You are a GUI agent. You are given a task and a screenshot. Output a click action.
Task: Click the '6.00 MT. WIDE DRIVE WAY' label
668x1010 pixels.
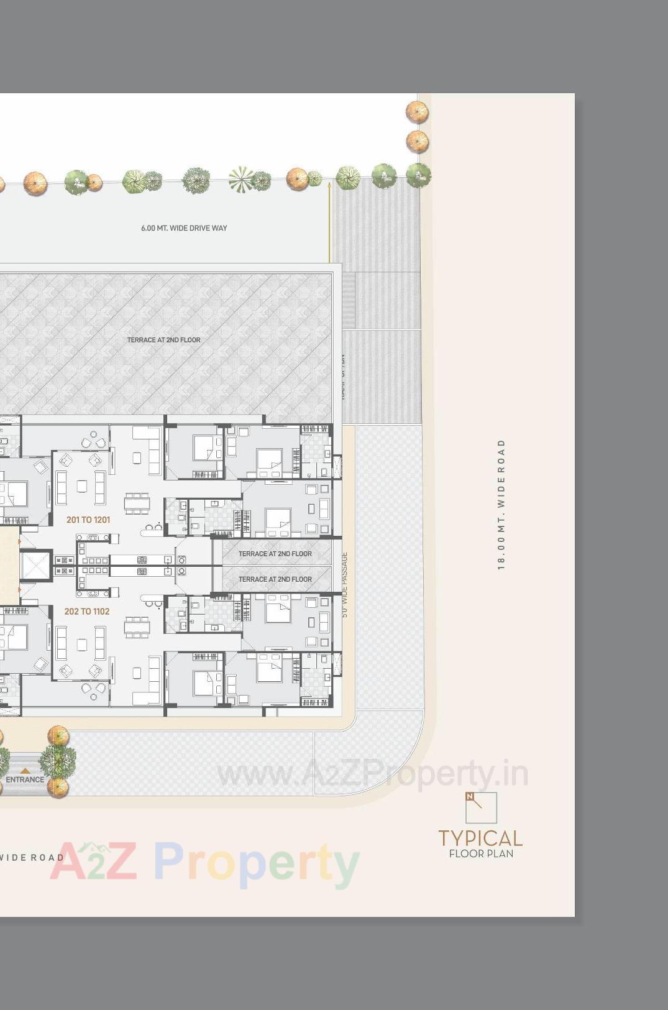coord(184,228)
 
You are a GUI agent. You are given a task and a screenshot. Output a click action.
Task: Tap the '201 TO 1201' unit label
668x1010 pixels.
coord(88,520)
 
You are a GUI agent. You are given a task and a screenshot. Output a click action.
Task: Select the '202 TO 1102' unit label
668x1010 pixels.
coord(87,612)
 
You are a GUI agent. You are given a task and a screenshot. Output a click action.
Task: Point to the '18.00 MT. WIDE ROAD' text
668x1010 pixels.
coord(501,504)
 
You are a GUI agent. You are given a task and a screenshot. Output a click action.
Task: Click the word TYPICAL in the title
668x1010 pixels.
coord(480,838)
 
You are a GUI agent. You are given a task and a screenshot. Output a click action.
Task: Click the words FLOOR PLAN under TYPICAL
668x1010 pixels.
coord(481,854)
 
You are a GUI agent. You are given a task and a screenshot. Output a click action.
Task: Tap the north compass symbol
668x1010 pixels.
coord(481,807)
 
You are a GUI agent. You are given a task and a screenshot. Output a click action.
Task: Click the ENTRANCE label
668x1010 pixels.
coord(25,779)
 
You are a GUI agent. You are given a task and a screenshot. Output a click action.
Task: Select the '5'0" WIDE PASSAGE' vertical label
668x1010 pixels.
coord(345,584)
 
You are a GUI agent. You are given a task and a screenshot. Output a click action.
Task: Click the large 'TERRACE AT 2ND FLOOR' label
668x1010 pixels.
coord(163,340)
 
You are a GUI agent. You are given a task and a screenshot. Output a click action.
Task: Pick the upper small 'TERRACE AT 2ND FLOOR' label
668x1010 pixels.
coord(275,554)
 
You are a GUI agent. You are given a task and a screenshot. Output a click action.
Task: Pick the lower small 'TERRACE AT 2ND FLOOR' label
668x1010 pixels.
coord(275,579)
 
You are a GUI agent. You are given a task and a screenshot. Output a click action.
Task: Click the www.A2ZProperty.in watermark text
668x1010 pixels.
coord(372,774)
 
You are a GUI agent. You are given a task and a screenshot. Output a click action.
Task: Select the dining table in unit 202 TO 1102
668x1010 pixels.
coord(137,627)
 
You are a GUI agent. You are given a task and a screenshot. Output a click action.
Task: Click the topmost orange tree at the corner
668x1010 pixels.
coord(417,112)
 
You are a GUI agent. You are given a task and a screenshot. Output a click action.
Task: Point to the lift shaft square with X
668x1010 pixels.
coord(35,566)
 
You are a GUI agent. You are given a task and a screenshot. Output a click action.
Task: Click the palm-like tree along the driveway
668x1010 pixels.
coord(241,180)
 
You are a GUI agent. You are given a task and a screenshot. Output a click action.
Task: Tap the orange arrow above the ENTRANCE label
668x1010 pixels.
coord(25,771)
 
